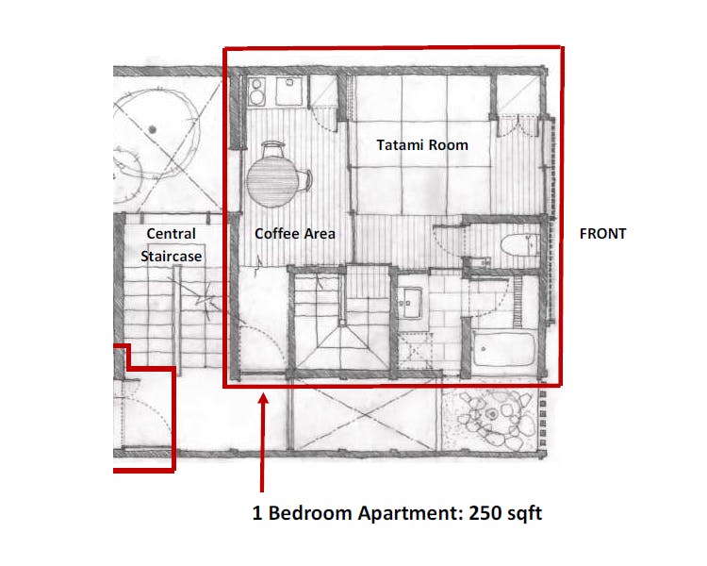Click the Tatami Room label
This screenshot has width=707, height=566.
tap(422, 145)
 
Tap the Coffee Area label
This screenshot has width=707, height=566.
tap(295, 233)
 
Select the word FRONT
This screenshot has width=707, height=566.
tap(603, 233)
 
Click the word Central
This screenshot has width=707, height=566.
tap(172, 233)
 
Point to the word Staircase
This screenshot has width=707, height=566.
tap(172, 256)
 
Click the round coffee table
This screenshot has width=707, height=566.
tap(272, 181)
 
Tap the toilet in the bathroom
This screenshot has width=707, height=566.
tap(520, 245)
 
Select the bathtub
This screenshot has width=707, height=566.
tap(503, 349)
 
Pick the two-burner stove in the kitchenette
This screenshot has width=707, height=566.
tap(256, 92)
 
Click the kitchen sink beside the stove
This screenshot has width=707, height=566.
tap(288, 91)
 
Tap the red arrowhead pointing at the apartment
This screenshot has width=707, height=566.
tap(263, 399)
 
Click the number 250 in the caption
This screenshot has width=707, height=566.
tap(485, 513)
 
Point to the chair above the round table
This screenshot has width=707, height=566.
tap(273, 149)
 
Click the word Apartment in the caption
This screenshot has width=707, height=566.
tap(410, 514)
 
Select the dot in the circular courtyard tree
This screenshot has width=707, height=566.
tap(153, 129)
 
